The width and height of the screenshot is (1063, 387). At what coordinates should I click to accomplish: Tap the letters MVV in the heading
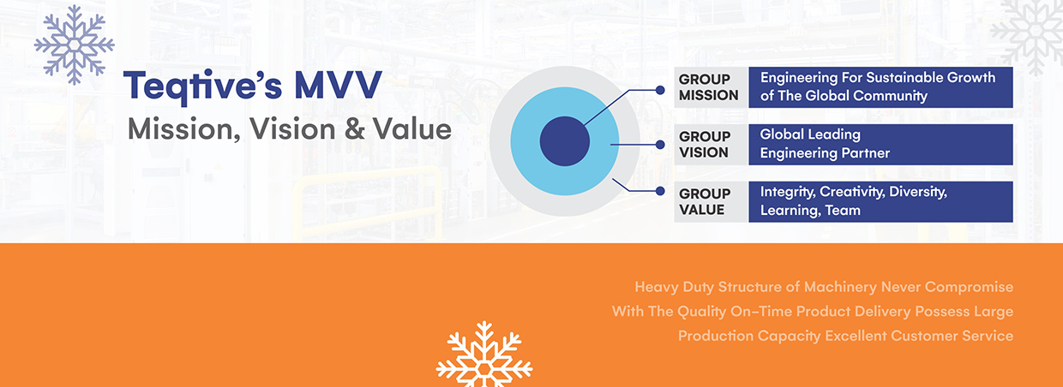click(338, 85)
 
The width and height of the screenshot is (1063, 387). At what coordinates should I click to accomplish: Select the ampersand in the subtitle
click(355, 129)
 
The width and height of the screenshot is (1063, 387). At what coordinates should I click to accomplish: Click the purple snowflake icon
click(74, 45)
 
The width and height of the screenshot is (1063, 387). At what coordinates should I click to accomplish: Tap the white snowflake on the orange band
click(484, 354)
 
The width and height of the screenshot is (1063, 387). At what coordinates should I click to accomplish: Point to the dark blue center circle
click(565, 141)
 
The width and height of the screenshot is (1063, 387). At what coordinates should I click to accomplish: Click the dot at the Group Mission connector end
click(660, 90)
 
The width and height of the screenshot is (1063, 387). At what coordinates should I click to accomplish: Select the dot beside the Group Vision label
click(660, 145)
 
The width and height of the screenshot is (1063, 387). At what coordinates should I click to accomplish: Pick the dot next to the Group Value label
click(660, 191)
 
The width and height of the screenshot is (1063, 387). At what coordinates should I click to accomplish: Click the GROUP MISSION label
click(708, 87)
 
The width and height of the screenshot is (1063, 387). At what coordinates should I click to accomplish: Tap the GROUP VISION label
click(705, 145)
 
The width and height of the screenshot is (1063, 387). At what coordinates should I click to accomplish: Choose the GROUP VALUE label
click(705, 202)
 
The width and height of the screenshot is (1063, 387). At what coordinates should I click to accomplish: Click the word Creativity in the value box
click(852, 192)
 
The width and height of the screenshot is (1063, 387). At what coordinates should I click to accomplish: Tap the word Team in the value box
click(843, 211)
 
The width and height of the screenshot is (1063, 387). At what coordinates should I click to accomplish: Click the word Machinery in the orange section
click(840, 287)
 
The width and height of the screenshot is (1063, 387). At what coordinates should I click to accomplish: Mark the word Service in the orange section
click(988, 336)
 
